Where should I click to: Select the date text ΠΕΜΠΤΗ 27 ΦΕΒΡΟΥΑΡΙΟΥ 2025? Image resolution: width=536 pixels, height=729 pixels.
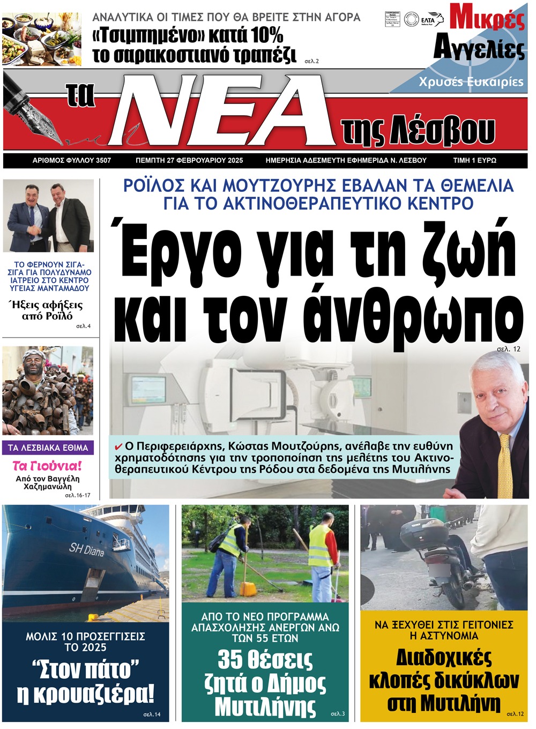[189, 160]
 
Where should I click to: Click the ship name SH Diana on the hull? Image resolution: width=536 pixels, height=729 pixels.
[86, 550]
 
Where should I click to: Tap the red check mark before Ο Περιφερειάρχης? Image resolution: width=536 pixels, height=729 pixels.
[118, 447]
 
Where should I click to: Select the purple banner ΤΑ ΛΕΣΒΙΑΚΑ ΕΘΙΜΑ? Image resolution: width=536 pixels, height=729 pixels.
[48, 448]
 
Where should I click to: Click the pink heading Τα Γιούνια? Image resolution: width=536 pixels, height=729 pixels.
[47, 465]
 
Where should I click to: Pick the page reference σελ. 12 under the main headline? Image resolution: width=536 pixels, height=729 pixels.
[508, 349]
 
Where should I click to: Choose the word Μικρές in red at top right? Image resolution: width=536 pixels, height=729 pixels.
[487, 17]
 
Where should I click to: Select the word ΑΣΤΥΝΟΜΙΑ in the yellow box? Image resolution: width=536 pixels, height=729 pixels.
[444, 636]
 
